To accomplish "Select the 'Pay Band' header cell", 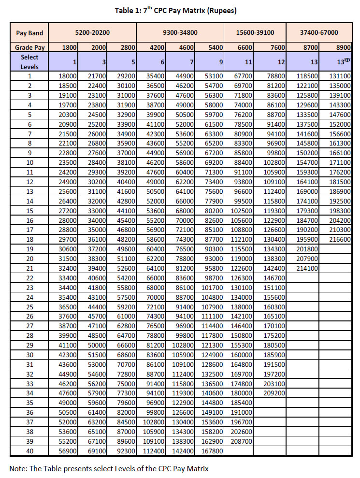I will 29,33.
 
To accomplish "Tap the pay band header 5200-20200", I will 92,33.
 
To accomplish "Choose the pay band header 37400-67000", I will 319,33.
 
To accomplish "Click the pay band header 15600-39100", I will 255,33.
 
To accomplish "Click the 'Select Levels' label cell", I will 29,61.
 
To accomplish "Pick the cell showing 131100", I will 341,76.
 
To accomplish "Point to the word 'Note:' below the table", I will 18,468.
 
